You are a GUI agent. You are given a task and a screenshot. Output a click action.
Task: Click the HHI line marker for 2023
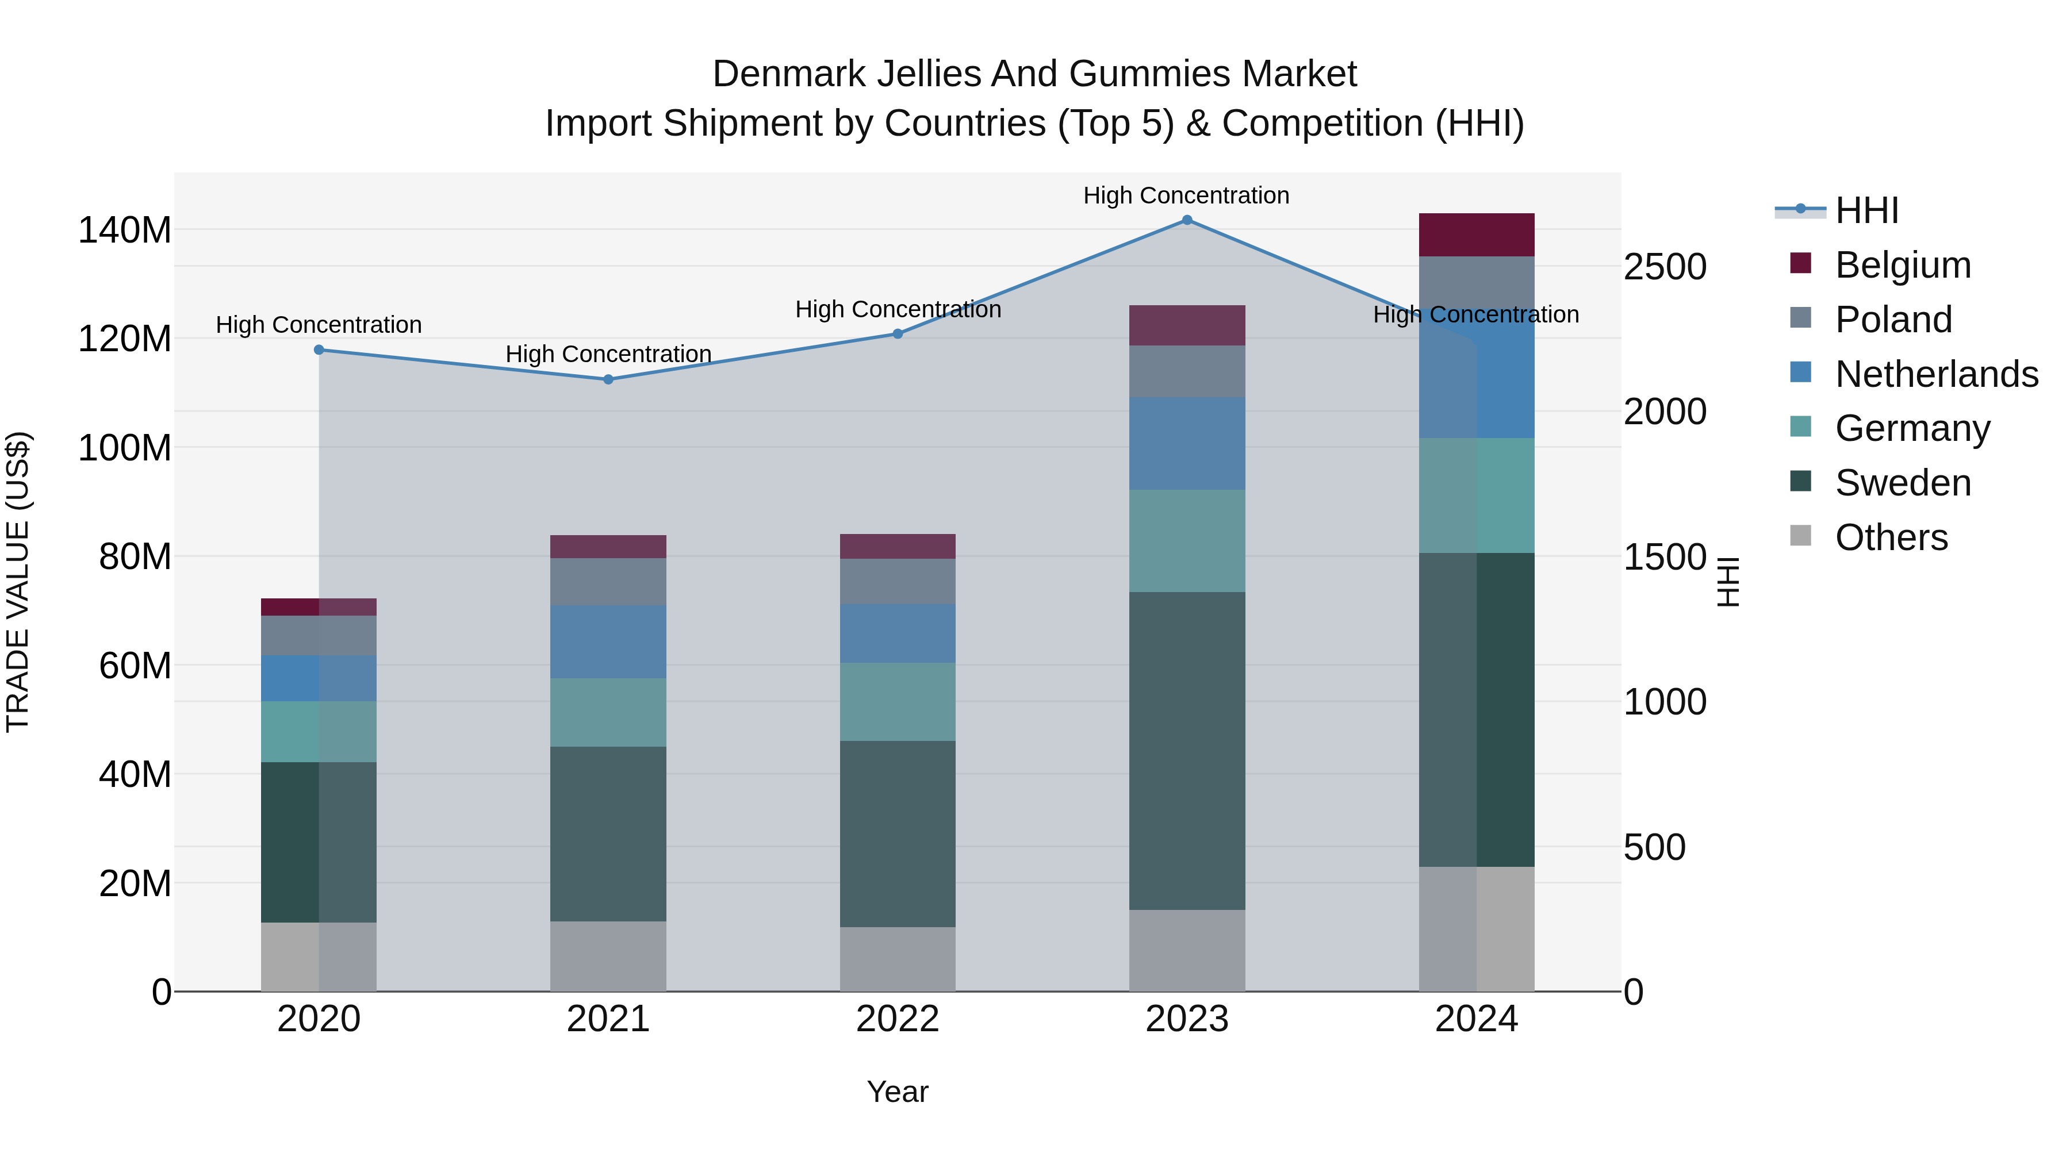(x=1187, y=220)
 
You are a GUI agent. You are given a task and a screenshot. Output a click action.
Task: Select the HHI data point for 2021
(x=608, y=379)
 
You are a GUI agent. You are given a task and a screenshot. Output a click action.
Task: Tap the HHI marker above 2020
(x=319, y=349)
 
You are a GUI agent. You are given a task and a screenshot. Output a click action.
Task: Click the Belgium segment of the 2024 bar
(x=1476, y=235)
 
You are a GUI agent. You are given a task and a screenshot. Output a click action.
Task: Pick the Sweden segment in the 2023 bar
(x=1187, y=751)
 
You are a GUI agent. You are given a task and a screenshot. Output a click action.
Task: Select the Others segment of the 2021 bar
(x=608, y=956)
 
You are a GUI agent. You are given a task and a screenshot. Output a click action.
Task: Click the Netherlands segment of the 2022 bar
(x=898, y=633)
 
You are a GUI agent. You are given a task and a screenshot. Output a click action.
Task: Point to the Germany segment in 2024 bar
(x=1476, y=495)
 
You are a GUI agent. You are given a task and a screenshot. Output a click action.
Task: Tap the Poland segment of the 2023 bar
(x=1187, y=371)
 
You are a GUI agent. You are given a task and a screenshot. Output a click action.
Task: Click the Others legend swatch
(x=1801, y=536)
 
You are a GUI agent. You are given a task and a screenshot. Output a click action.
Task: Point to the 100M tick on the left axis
(x=125, y=447)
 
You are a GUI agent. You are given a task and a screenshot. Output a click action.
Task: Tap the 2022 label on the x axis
(x=898, y=1019)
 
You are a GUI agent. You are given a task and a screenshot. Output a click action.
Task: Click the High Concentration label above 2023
(x=1186, y=195)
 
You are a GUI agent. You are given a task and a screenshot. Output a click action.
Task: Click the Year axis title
(x=898, y=1092)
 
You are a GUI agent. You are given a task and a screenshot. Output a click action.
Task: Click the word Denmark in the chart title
(x=788, y=74)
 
